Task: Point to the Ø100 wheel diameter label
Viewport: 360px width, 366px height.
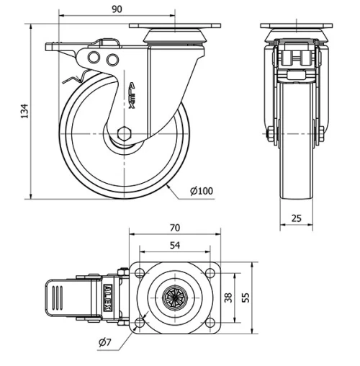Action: coord(202,191)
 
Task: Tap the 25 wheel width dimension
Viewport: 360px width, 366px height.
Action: coord(296,217)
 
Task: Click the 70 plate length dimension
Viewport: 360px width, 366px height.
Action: coord(174,228)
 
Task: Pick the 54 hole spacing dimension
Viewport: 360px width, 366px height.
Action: coord(174,246)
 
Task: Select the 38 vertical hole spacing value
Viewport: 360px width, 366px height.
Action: coord(229,298)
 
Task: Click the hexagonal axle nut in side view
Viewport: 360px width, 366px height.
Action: coord(124,134)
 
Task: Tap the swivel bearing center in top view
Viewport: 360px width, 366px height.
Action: coord(174,297)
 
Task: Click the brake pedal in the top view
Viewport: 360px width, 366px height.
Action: coord(61,297)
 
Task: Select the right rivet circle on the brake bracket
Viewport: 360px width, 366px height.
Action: coord(112,58)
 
